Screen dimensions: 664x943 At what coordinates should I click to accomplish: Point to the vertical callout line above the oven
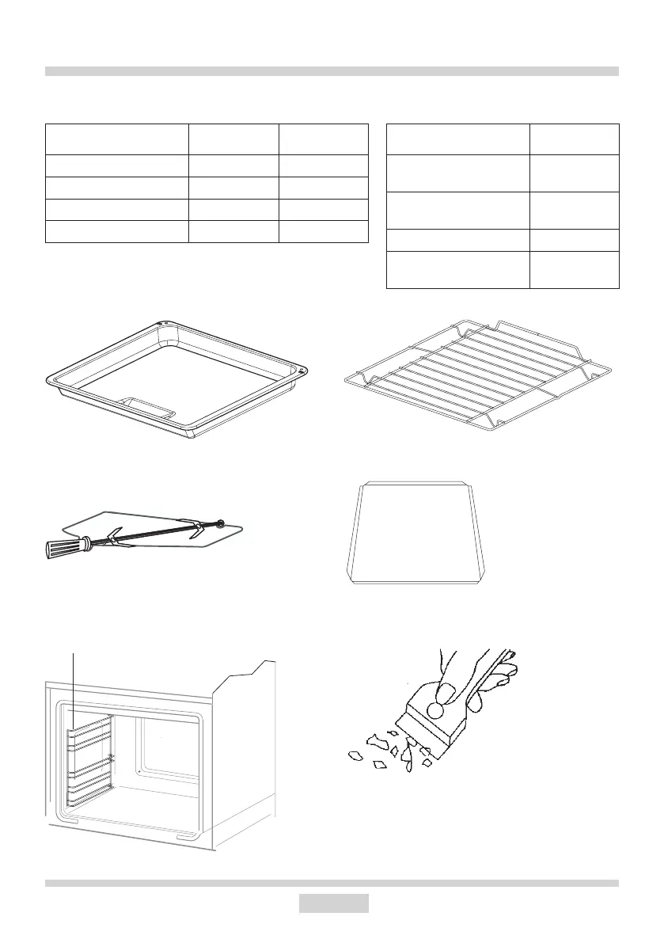74,681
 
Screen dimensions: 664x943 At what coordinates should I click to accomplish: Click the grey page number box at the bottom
333,903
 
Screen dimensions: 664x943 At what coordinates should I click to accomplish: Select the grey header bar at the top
332,71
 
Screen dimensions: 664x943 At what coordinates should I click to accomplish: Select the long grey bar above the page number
332,882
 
